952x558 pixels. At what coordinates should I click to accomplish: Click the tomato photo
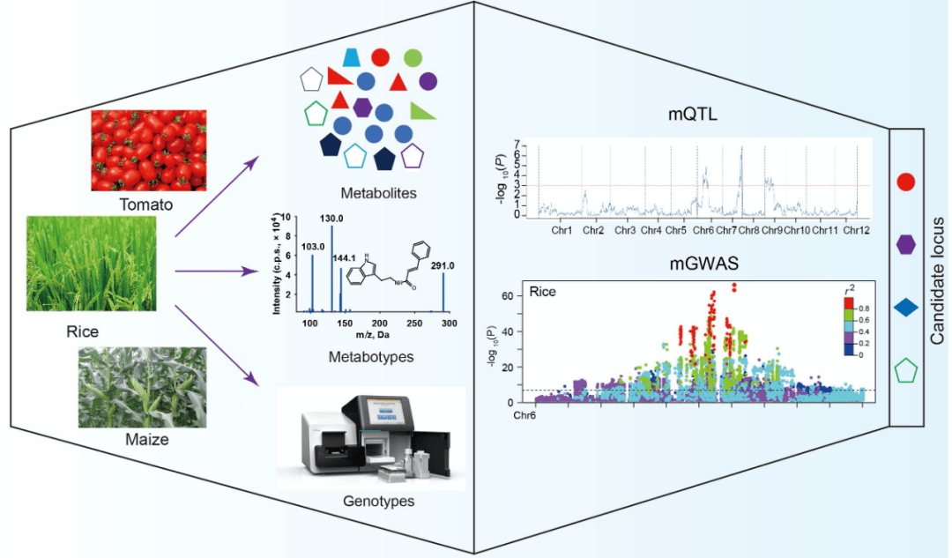click(148, 150)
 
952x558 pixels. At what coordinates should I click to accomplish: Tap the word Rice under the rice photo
click(82, 332)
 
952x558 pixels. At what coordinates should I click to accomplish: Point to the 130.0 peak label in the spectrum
click(332, 217)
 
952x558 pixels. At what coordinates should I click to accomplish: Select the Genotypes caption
click(370, 501)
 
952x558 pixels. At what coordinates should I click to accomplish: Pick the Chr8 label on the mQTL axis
click(748, 230)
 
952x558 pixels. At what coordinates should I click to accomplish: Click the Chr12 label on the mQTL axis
click(856, 230)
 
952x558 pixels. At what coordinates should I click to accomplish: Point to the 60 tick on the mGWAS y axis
click(507, 295)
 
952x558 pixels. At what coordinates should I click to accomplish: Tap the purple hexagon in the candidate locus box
click(905, 244)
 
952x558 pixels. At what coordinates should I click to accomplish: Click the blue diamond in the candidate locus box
click(905, 308)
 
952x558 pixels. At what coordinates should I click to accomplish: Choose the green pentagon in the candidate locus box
click(905, 370)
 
